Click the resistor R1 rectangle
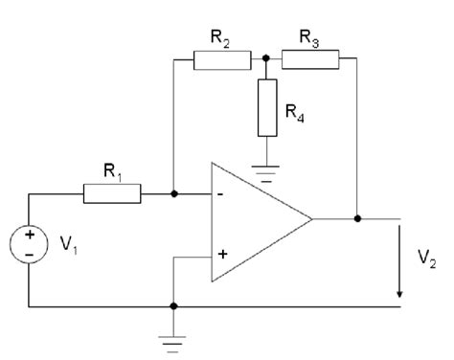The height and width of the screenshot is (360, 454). click(112, 194)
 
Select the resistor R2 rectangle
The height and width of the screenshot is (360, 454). click(222, 61)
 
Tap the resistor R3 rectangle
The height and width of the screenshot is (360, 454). click(310, 61)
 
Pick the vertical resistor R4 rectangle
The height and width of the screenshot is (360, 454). click(266, 107)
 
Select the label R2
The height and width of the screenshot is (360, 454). click(221, 38)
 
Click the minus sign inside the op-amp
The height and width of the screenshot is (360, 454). click(223, 194)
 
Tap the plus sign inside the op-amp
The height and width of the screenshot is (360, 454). click(223, 255)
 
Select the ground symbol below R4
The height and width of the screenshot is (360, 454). click(266, 174)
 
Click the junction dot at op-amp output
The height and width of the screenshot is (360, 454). click(357, 218)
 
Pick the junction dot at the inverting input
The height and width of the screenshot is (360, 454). click(173, 194)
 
